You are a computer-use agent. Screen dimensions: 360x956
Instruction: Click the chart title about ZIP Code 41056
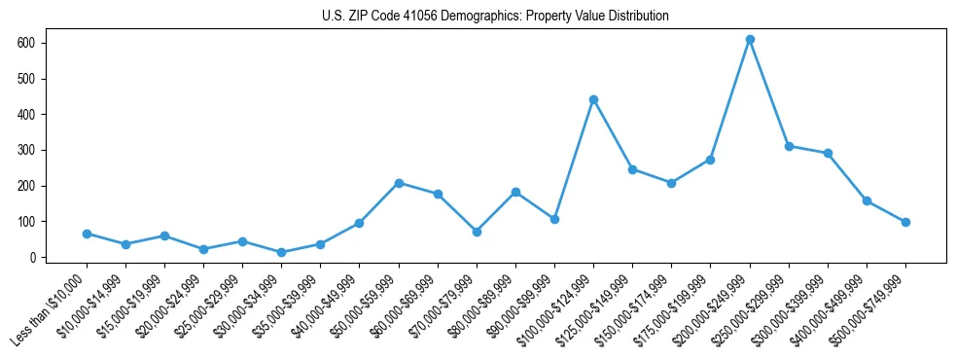pyautogui.click(x=495, y=17)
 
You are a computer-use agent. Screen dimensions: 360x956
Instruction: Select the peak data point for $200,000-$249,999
pyautogui.click(x=750, y=40)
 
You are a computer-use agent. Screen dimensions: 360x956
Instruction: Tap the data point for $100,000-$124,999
pyautogui.click(x=593, y=99)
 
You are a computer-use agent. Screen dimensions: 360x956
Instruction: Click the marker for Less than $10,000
pyautogui.click(x=87, y=234)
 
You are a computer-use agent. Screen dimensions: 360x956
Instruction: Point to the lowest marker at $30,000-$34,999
pyautogui.click(x=281, y=252)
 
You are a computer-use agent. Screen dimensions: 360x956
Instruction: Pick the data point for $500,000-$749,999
pyautogui.click(x=905, y=222)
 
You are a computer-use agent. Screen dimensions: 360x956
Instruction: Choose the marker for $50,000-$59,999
pyautogui.click(x=399, y=183)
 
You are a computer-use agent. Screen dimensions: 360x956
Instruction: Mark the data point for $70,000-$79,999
pyautogui.click(x=477, y=232)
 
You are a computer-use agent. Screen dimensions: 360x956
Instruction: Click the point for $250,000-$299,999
pyautogui.click(x=789, y=146)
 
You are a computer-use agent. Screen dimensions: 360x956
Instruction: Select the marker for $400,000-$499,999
pyautogui.click(x=867, y=200)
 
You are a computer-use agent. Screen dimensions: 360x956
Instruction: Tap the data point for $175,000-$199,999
pyautogui.click(x=710, y=160)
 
